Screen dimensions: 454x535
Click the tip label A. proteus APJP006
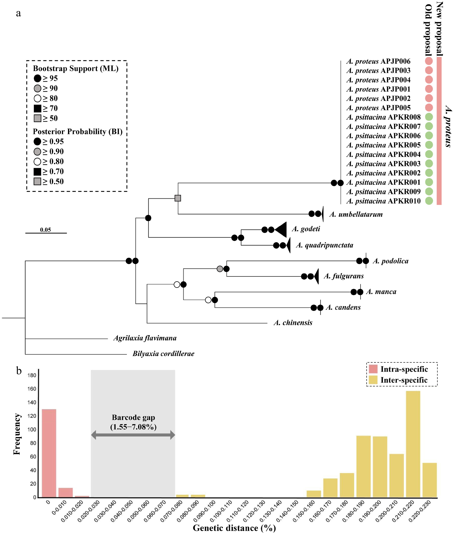point(378,61)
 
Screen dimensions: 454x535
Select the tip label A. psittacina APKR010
point(383,201)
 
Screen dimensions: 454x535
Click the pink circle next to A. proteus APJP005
point(429,108)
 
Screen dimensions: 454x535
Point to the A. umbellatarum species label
point(356,214)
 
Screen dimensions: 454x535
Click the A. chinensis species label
point(293,323)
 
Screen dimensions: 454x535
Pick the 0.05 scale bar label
point(46,230)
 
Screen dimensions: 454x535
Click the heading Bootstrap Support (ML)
point(76,69)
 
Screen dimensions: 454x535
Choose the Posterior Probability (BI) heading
point(77,132)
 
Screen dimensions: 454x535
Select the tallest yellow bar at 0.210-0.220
point(413,444)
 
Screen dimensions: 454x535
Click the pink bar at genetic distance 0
point(49,454)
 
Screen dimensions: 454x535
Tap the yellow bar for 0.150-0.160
point(314,494)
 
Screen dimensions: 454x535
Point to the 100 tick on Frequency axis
point(32,430)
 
